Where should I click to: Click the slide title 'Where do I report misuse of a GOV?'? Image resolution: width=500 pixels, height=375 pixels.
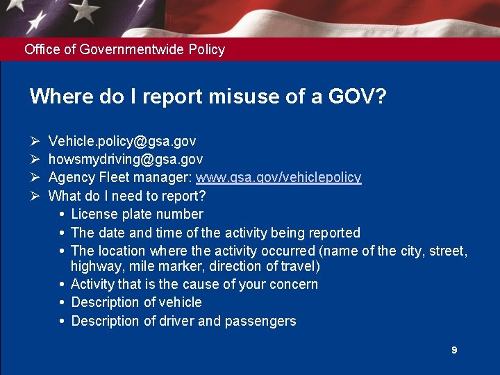(208, 96)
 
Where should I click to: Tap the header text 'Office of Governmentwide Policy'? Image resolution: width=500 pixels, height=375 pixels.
(124, 49)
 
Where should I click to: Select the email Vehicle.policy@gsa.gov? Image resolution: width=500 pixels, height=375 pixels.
(122, 142)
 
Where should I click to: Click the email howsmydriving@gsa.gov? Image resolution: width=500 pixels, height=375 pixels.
(126, 160)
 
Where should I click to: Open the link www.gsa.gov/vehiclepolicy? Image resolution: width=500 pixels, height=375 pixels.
(278, 178)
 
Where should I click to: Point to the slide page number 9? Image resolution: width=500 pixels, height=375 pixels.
(454, 351)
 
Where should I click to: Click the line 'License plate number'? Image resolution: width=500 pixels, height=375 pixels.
(137, 214)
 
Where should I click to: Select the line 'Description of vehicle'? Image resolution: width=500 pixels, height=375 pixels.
(136, 302)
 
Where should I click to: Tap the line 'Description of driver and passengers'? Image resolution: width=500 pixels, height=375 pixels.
(183, 321)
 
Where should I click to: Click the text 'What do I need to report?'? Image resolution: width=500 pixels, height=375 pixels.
(127, 196)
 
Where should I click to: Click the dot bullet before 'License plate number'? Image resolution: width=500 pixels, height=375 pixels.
(62, 214)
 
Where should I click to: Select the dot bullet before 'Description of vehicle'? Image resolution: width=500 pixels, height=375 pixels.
(62, 302)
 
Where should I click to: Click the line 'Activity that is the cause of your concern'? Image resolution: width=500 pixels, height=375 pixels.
(194, 284)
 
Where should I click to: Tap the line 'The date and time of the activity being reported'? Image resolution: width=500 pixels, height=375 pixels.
(215, 233)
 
